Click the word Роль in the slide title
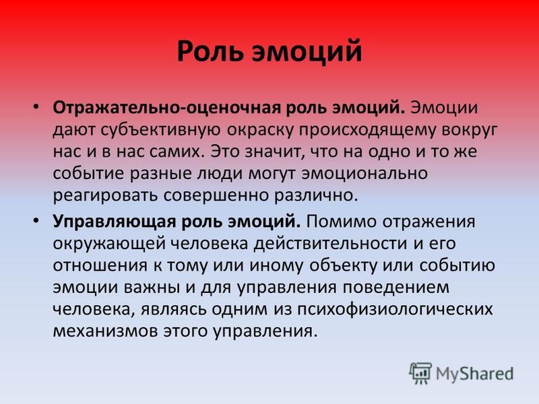point(210,52)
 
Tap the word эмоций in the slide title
point(307,52)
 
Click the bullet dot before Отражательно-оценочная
point(36,106)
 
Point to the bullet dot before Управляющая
point(36,220)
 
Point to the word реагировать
point(105,196)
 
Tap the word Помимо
point(342,222)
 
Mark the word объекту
point(343,265)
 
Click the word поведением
point(395,288)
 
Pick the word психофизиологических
point(395,309)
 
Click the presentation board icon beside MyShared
point(420,374)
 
